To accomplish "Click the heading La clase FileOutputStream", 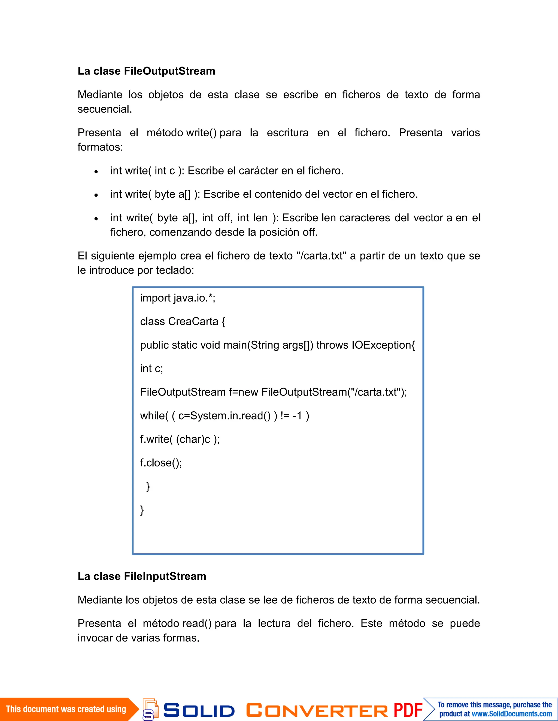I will [146, 71].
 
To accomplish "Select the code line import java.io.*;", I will [178, 298].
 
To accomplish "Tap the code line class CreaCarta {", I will [183, 322].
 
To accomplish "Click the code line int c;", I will [151, 369].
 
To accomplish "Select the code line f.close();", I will [161, 463].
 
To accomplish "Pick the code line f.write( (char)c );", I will [180, 439].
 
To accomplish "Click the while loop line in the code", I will [225, 416].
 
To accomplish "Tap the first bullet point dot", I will [96, 172].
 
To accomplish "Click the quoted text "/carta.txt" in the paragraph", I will [322, 256].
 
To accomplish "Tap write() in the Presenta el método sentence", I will [201, 133].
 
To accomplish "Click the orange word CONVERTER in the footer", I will [317, 710].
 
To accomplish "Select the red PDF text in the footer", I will [408, 710].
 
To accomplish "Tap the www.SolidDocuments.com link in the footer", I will [511, 714].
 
